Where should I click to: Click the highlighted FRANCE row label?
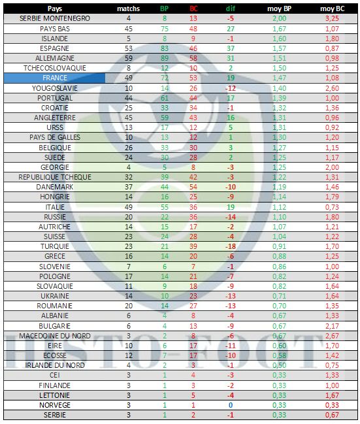point(55,78)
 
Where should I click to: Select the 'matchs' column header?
point(128,8)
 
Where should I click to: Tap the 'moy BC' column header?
point(332,8)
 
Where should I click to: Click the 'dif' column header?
point(231,8)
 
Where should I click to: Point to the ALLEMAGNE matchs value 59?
point(129,58)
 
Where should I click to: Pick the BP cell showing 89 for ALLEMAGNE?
point(165,58)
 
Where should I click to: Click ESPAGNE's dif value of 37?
point(231,48)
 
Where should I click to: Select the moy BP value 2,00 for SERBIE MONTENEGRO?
point(279,18)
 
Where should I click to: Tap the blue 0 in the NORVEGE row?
point(231,405)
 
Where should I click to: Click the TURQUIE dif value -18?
point(231,246)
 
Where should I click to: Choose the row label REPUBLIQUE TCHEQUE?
point(55,177)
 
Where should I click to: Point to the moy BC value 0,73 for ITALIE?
point(332,207)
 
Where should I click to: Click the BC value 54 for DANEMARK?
point(193,187)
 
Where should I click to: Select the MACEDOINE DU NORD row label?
point(55,336)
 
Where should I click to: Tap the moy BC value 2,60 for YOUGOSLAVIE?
point(332,88)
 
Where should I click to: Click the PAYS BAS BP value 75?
point(165,29)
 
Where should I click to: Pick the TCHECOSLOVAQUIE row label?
point(55,68)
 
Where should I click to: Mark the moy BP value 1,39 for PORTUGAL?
point(279,98)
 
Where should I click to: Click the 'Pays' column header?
point(55,8)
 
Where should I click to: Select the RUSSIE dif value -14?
point(231,217)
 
